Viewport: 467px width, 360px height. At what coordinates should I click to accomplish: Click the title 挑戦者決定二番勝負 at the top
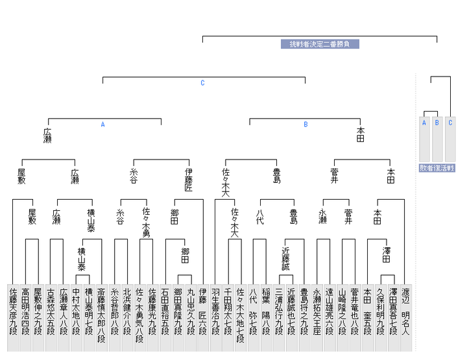tap(320, 44)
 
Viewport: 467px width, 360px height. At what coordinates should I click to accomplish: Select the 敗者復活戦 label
tap(437, 168)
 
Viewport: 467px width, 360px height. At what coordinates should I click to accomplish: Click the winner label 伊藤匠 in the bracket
tap(189, 180)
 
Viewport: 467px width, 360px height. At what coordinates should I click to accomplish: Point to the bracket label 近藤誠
tap(291, 258)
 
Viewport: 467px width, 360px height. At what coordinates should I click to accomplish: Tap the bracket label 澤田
tap(386, 255)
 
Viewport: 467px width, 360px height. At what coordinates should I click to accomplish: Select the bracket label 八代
tap(259, 217)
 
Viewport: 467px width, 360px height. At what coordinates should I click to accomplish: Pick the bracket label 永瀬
tap(322, 217)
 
